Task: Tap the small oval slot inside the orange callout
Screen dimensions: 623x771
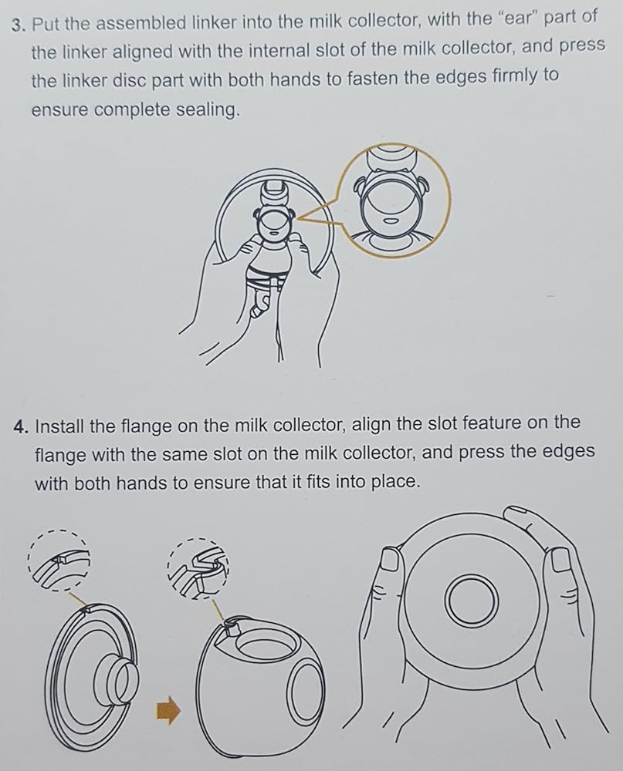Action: pyautogui.click(x=391, y=221)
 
